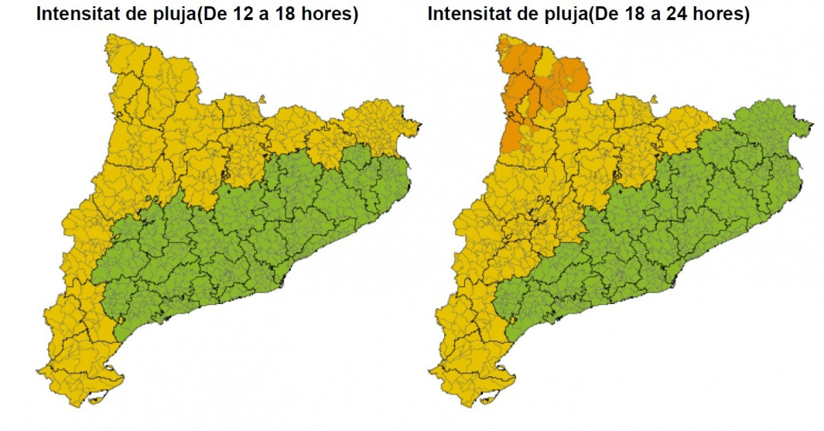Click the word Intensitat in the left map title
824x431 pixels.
[78, 14]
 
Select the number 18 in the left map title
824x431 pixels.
[288, 14]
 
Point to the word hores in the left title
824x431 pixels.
[331, 14]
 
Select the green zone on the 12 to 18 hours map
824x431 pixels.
[275, 227]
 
